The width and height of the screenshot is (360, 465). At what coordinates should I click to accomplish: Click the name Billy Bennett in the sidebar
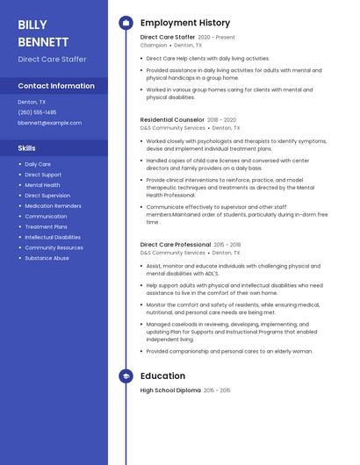43,32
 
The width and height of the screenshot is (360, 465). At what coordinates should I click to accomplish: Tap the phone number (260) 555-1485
37,112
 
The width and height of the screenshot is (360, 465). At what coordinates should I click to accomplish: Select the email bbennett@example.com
49,123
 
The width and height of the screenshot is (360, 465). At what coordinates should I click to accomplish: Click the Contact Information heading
56,86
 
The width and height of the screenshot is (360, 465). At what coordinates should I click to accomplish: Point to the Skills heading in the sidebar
27,148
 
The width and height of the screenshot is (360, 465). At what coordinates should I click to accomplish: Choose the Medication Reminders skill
53,206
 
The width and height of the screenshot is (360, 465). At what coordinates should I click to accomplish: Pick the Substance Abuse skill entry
47,258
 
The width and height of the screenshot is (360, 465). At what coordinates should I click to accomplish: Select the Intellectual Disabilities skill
53,237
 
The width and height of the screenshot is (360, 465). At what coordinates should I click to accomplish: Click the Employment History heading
185,23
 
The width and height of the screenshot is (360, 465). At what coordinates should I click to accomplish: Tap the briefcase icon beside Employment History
126,23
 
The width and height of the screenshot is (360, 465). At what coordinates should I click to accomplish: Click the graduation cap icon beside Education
126,376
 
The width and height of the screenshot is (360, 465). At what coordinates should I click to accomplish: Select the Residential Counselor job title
172,119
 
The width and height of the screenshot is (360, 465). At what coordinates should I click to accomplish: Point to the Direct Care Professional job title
176,245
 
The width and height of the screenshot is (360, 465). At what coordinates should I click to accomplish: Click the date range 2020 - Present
216,38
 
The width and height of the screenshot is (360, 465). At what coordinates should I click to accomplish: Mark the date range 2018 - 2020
221,119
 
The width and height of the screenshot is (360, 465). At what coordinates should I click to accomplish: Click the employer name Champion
154,45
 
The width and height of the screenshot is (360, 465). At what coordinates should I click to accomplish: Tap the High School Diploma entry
170,390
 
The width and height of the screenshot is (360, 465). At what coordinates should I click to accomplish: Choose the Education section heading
162,376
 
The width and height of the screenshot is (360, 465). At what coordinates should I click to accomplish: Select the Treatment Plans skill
46,226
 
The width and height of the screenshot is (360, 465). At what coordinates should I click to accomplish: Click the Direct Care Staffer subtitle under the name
52,59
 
